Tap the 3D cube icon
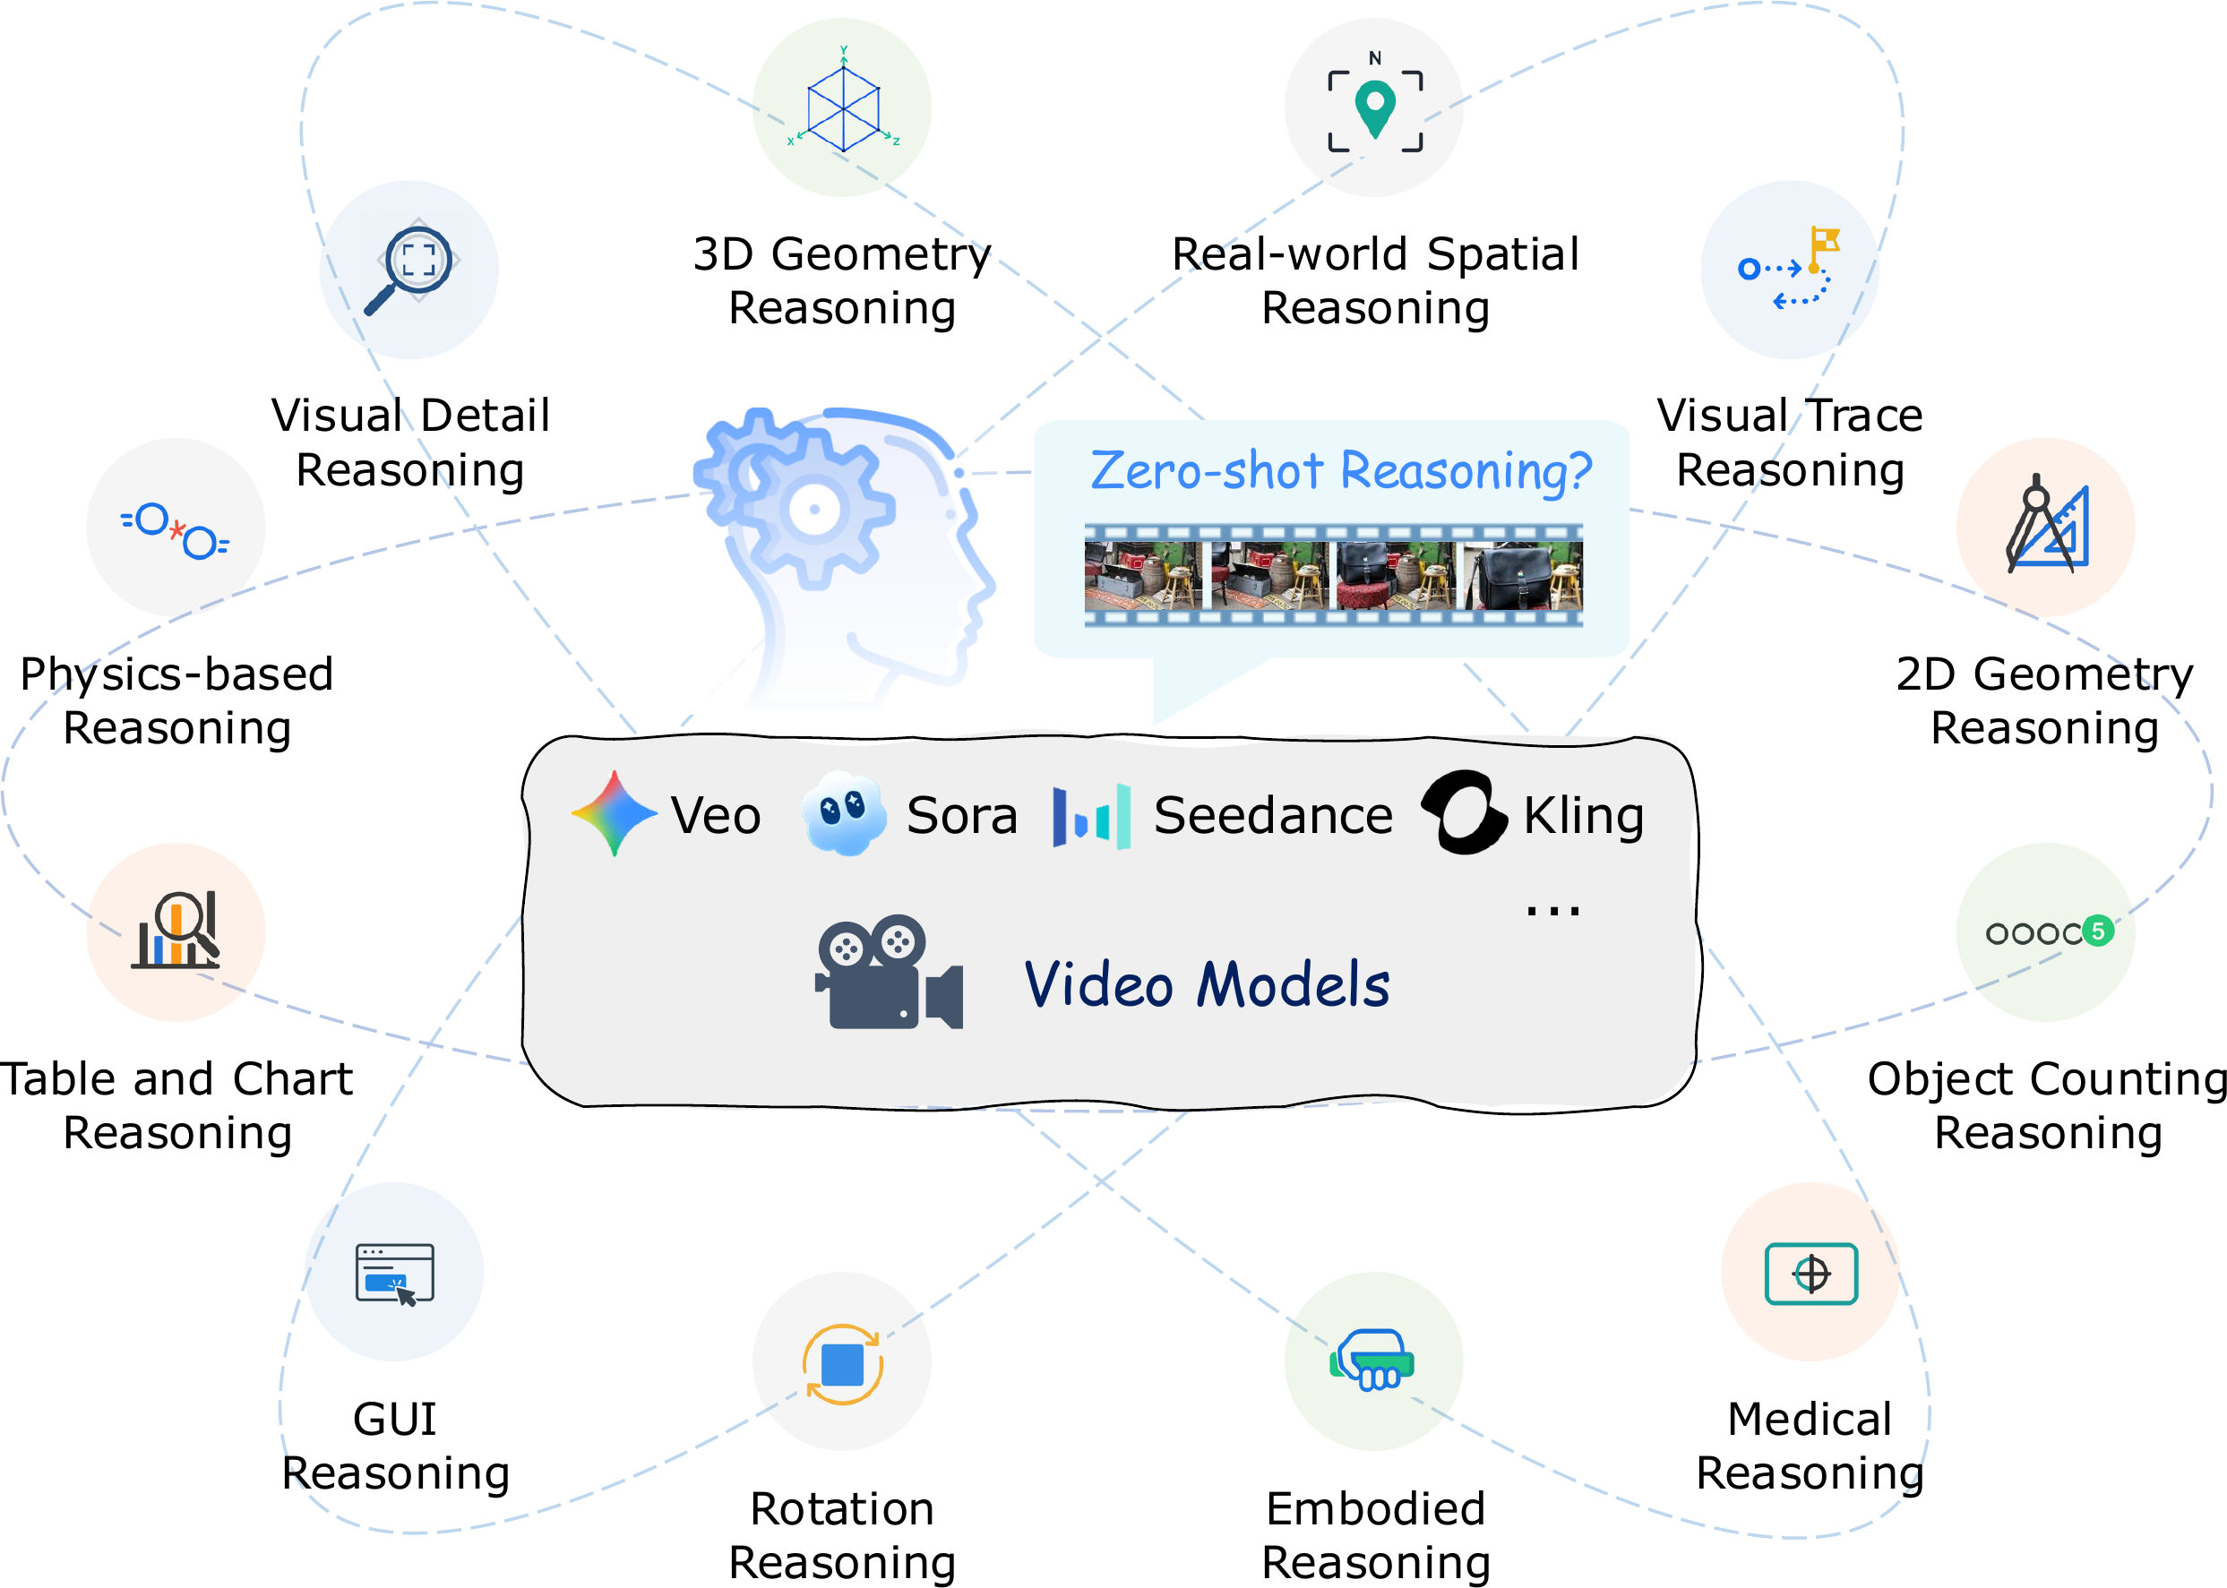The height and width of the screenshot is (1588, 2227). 842,107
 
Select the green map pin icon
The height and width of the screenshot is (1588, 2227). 1374,108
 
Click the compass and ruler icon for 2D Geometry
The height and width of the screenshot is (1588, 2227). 2046,527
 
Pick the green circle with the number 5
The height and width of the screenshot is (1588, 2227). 2097,931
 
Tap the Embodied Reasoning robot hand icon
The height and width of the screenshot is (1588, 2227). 1373,1360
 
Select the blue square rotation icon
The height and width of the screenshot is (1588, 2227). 842,1364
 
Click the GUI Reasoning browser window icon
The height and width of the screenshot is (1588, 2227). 395,1273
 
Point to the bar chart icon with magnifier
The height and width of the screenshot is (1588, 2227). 176,931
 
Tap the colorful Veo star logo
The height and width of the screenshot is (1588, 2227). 615,813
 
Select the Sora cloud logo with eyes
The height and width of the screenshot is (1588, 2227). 843,813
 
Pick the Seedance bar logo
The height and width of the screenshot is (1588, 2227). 1091,816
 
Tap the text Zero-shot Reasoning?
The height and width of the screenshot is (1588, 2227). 1340,470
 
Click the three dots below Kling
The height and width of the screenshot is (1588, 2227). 1552,912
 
